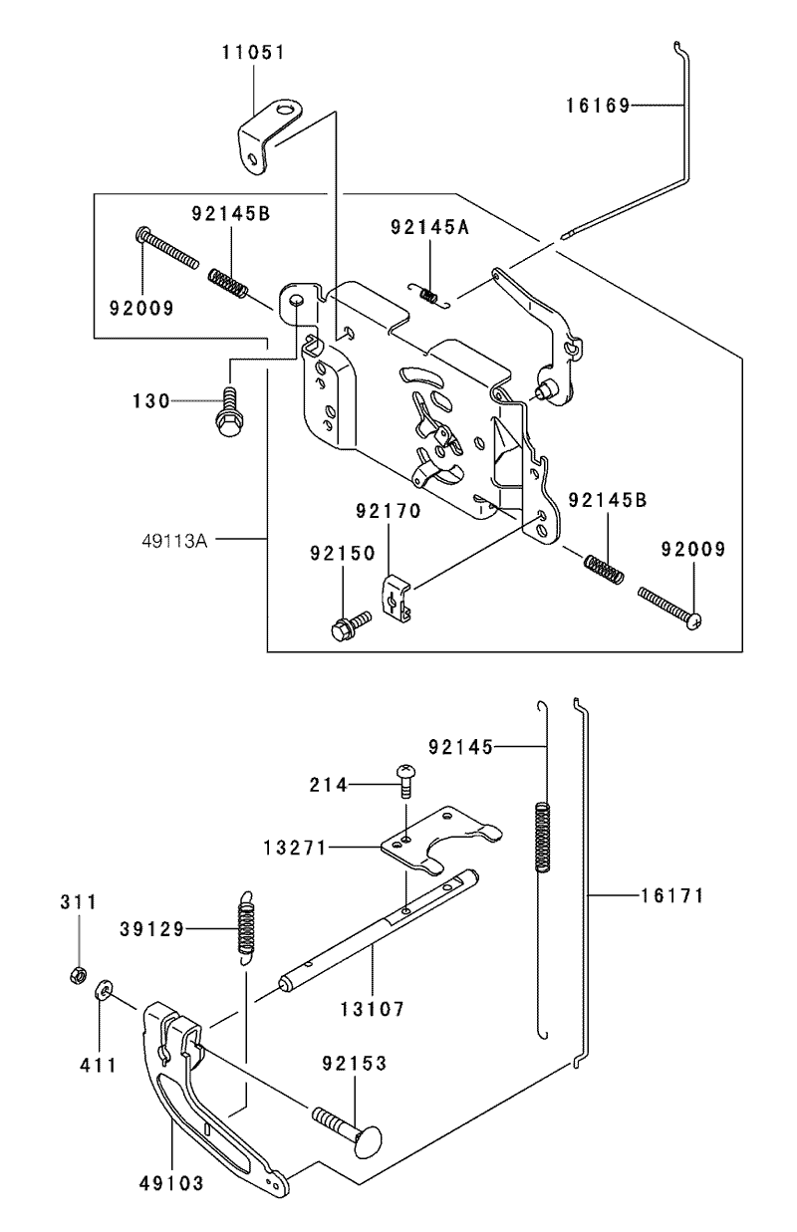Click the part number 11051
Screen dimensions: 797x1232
tap(254, 52)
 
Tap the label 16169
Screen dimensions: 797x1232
tap(598, 105)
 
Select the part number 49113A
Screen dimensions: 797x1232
tap(175, 541)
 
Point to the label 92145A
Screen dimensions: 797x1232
tap(430, 227)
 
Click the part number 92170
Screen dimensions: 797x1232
tap(389, 511)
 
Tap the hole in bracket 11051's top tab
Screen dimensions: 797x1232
tap(285, 108)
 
